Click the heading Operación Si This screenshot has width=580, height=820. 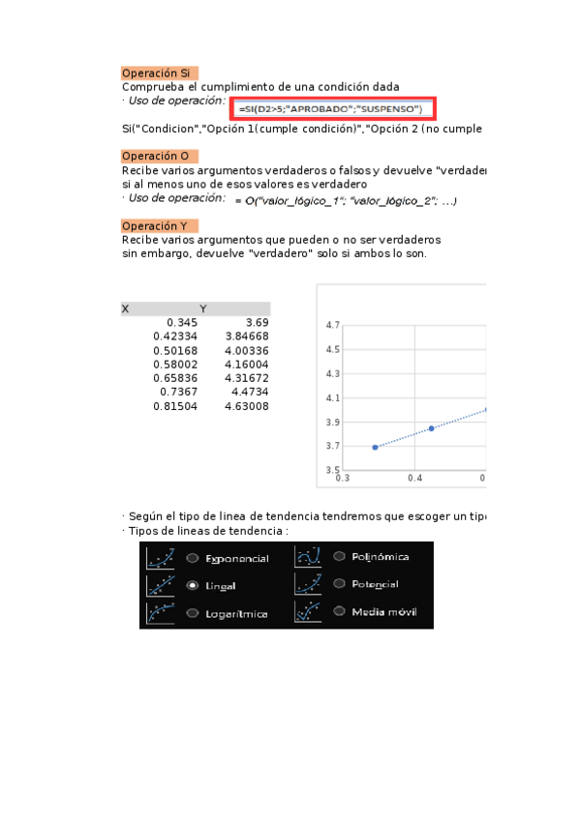click(158, 73)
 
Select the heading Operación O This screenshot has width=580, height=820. click(158, 157)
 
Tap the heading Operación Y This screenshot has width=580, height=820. click(158, 226)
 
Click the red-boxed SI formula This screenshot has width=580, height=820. click(333, 108)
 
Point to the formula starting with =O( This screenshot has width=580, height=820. click(346, 200)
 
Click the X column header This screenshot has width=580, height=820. click(126, 308)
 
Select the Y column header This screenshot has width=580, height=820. click(203, 308)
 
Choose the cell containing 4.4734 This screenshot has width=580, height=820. click(250, 393)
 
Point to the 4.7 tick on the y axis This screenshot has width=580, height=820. click(333, 325)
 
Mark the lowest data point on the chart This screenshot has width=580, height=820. click(375, 447)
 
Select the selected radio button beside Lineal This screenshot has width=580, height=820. click(193, 586)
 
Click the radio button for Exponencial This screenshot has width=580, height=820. click(193, 558)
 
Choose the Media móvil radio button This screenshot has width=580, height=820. click(340, 611)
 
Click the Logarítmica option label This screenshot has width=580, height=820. click(236, 614)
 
